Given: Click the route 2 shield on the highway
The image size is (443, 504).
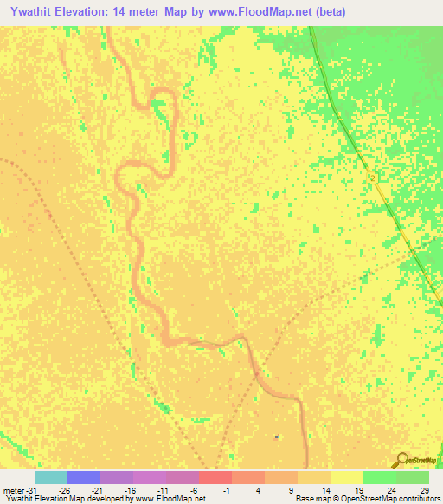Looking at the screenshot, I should click(x=372, y=177).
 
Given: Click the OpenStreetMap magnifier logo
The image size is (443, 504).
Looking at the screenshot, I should click(x=402, y=460).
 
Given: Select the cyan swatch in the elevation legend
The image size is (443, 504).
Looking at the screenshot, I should click(x=51, y=477).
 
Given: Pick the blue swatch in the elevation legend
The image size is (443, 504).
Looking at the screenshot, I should click(x=84, y=477).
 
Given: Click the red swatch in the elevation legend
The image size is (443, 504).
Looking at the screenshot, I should click(x=215, y=477).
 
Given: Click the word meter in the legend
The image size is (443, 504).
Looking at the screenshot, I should click(x=13, y=489).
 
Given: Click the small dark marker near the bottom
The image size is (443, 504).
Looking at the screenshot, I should click(x=277, y=436).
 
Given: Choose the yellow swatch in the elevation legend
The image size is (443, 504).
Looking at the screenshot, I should click(x=347, y=477).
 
